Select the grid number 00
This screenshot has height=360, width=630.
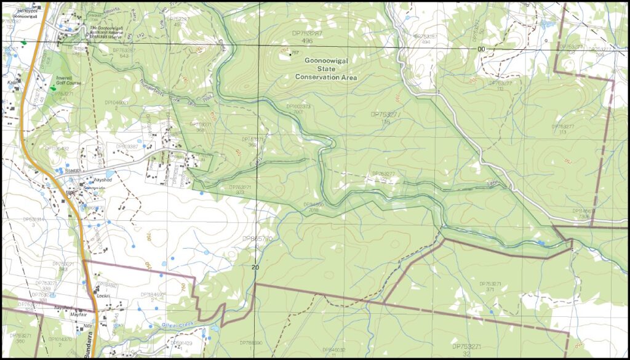[x=480, y=49]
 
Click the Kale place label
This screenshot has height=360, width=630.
[x=11, y=81]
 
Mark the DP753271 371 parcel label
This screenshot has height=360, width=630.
[x=491, y=286]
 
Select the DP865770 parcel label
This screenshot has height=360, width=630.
[x=257, y=241]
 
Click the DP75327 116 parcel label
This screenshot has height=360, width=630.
[x=385, y=118]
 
